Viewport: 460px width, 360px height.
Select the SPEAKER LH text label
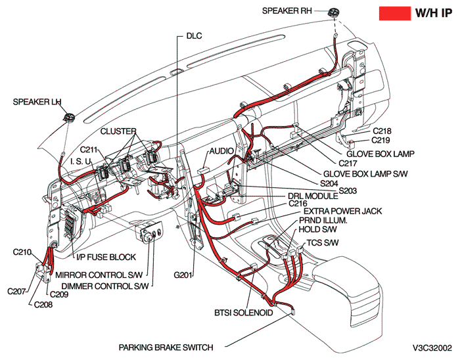[37, 102]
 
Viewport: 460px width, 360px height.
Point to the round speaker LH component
[68, 118]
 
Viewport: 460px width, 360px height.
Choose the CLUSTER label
[118, 131]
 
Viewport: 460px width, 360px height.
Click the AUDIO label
[221, 151]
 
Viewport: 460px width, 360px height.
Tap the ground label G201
[183, 274]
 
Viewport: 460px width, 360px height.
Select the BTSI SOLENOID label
[244, 313]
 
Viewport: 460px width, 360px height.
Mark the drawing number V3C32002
[432, 347]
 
